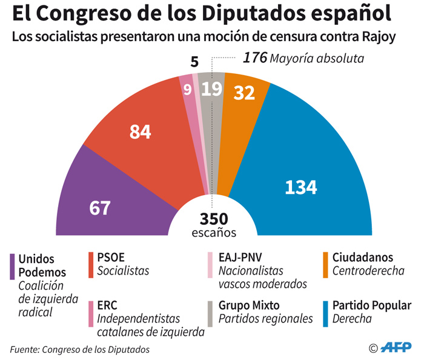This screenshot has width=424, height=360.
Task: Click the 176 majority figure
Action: [254, 58]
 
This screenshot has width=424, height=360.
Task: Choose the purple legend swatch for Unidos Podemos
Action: [13, 266]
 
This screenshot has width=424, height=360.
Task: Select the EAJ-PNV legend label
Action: [240, 257]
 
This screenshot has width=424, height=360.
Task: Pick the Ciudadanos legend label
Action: [362, 257]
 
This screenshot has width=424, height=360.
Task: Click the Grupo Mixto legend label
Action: [249, 305]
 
